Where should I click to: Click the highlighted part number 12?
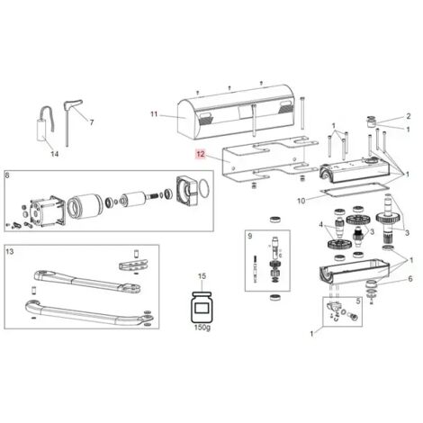click(201, 154)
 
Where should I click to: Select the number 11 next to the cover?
click(154, 114)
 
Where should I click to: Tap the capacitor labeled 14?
click(42, 130)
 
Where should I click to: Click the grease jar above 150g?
click(202, 308)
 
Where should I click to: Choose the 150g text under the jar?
click(202, 328)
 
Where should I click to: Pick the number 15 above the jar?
click(202, 276)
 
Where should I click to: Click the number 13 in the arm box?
click(10, 251)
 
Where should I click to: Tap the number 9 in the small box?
click(250, 236)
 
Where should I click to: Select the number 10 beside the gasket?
click(301, 201)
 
